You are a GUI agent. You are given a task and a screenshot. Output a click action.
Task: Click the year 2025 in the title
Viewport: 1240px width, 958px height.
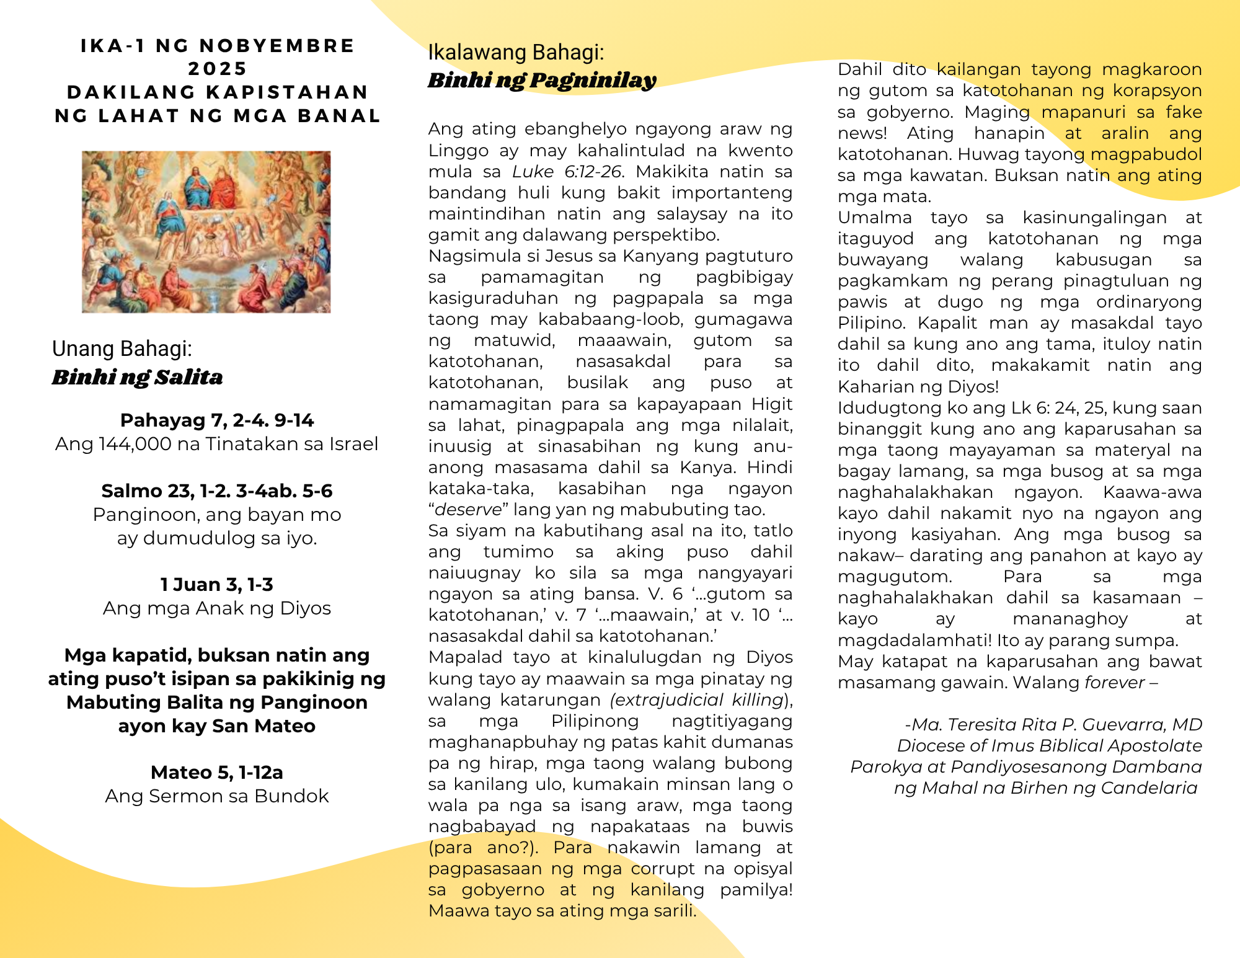(x=217, y=69)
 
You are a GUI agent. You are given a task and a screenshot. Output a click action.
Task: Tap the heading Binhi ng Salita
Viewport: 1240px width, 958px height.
(x=137, y=377)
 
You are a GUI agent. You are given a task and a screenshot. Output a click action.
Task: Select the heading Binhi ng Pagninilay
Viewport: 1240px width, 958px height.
(x=541, y=80)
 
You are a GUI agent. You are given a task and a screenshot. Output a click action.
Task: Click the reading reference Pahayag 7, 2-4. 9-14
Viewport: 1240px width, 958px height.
(x=217, y=420)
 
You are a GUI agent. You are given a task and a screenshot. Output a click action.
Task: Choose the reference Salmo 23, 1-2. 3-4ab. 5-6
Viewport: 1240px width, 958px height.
(x=217, y=491)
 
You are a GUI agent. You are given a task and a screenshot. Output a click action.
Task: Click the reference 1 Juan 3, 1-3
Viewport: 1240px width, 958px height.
(x=217, y=585)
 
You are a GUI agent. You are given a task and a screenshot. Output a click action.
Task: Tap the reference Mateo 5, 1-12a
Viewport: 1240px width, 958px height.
(x=217, y=773)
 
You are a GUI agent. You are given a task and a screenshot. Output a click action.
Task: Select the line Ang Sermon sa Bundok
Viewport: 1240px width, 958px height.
(x=217, y=796)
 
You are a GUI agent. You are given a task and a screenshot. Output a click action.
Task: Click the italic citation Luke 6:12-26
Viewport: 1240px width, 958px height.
(x=566, y=172)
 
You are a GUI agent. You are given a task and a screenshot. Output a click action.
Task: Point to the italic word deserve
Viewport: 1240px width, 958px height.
(x=468, y=510)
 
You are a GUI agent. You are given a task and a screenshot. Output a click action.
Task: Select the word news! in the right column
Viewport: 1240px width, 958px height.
(x=862, y=133)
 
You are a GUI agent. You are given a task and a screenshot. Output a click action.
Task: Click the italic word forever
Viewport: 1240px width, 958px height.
(x=1114, y=683)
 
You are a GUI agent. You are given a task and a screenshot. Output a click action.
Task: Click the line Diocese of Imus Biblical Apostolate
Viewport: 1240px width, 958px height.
(x=1049, y=746)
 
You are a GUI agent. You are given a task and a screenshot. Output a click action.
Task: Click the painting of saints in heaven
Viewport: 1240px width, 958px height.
(x=206, y=232)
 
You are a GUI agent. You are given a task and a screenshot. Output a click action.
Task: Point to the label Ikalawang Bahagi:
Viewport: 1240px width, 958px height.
(x=516, y=53)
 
